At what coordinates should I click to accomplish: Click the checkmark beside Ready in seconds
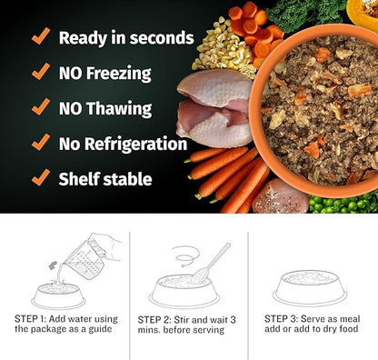[x=40, y=36]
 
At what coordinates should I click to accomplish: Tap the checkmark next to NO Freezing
[x=40, y=72]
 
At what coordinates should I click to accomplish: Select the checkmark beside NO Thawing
[x=40, y=106]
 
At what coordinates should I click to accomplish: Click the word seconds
[x=160, y=38]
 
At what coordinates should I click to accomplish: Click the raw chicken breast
[x=214, y=107]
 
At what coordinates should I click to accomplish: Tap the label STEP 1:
[x=34, y=319]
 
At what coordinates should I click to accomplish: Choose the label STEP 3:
[x=283, y=319]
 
